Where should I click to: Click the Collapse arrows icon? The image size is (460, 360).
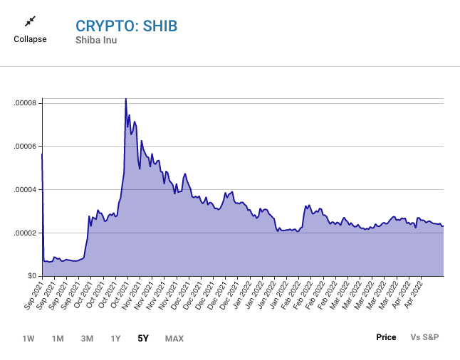(30, 22)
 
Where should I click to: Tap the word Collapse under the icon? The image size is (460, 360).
(30, 39)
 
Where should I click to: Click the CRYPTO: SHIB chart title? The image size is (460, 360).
(126, 26)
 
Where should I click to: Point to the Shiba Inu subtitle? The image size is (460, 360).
(97, 40)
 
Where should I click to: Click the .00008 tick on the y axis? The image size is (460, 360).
(25, 104)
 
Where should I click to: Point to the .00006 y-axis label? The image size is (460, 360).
(25, 147)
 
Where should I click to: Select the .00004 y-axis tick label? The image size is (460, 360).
(25, 190)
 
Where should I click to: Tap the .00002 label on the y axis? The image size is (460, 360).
(25, 233)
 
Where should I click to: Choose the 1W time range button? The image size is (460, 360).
(28, 338)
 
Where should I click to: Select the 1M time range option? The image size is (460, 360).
(58, 338)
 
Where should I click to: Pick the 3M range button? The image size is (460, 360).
(87, 338)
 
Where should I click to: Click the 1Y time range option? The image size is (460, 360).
(115, 338)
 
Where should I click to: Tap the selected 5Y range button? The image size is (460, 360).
(143, 338)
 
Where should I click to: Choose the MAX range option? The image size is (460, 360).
(174, 338)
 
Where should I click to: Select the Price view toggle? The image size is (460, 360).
(386, 337)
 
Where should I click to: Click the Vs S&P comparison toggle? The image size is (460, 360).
(424, 337)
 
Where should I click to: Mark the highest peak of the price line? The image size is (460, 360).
(125, 99)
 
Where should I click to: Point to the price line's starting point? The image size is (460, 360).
(42, 154)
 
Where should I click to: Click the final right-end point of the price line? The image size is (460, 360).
(444, 226)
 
